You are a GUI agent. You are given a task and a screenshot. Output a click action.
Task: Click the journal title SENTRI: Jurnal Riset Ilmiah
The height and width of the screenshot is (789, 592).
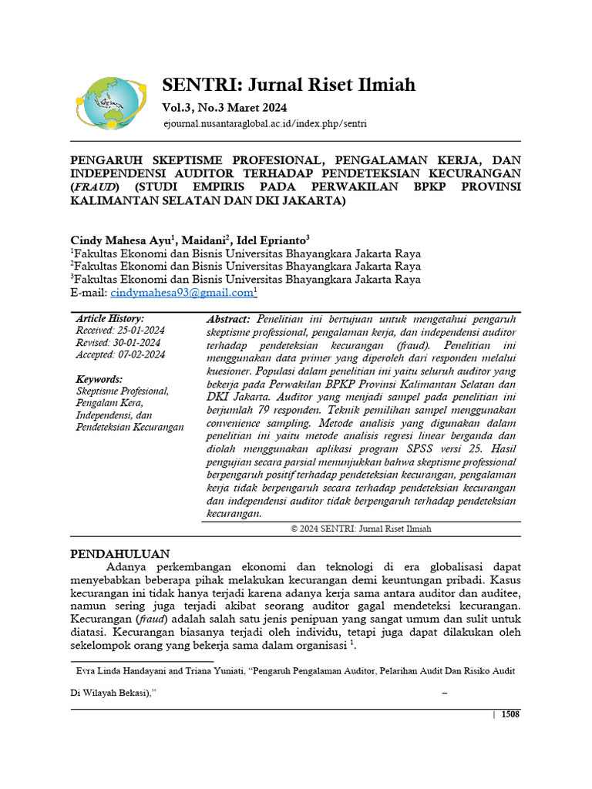[288, 84]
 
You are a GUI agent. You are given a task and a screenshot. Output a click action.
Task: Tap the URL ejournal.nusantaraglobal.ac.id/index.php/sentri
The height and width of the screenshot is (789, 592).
[265, 123]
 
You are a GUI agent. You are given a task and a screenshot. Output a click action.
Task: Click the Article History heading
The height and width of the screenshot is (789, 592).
[110, 318]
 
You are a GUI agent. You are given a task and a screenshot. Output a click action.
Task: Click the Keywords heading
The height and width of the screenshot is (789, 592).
[99, 379]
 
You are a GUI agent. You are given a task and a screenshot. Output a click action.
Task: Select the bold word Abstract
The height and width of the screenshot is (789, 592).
[228, 319]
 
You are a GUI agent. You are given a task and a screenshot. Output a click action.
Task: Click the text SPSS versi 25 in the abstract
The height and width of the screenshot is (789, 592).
[441, 448]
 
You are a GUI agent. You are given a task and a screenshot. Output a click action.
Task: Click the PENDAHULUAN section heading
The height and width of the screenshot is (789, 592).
[126, 553]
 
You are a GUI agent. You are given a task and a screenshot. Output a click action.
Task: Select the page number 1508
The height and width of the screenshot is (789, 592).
[510, 714]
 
